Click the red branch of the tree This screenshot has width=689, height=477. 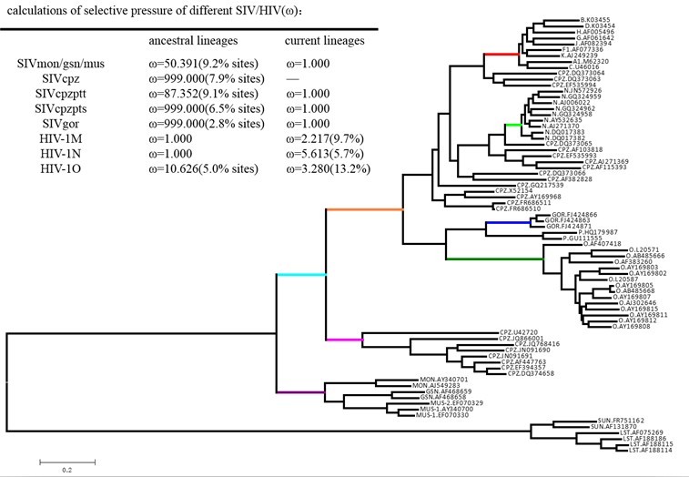501,55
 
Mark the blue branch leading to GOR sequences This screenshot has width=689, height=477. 502,222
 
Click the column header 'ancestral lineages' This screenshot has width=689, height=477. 193,41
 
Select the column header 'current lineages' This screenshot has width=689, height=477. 325,41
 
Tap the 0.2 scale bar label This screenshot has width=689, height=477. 66,471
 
